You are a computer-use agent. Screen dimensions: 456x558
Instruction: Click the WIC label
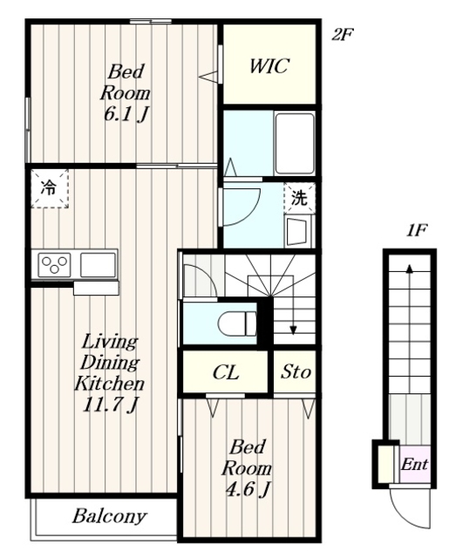(269, 66)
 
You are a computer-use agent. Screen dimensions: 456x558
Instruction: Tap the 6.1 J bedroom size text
(126, 114)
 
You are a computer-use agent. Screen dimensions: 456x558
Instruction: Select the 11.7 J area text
(110, 405)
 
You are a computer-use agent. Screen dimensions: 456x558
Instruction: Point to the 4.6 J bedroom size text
(248, 488)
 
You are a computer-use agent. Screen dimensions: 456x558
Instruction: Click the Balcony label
(110, 516)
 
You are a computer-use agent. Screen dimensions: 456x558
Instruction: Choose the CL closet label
(225, 372)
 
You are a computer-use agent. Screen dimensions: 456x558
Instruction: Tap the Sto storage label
(296, 372)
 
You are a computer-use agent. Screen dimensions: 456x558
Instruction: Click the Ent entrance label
(414, 465)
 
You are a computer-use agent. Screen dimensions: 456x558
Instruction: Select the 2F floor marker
(342, 35)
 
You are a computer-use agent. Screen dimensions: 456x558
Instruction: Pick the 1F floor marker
(417, 231)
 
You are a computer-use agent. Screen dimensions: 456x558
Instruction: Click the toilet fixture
(237, 323)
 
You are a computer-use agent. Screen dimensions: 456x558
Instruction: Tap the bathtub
(295, 143)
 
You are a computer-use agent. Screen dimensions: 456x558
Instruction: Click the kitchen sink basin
(99, 265)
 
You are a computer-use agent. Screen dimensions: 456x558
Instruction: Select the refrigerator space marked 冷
(49, 188)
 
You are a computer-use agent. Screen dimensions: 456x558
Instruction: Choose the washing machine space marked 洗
(299, 198)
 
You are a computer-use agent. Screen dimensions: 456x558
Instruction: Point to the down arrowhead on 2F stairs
(293, 330)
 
